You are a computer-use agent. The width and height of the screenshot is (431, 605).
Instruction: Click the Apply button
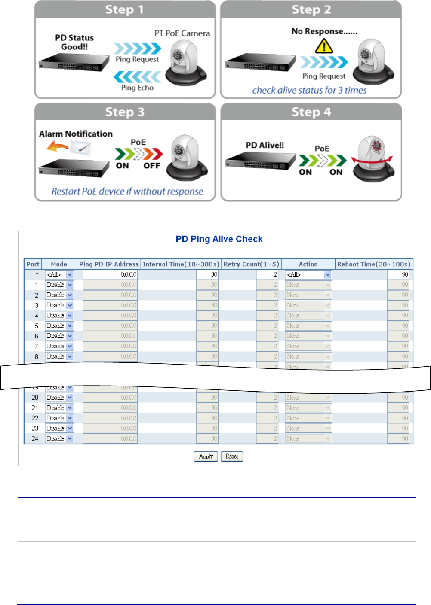pyautogui.click(x=206, y=456)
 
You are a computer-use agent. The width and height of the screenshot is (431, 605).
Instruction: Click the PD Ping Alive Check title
pyautogui.click(x=219, y=239)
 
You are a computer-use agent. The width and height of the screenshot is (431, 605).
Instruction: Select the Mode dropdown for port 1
pyautogui.click(x=59, y=285)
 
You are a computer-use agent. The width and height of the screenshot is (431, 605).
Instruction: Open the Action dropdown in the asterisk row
pyautogui.click(x=308, y=274)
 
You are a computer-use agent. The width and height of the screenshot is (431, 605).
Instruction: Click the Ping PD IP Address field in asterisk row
pyautogui.click(x=110, y=274)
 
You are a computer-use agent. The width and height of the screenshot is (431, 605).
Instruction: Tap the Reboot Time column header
pyautogui.click(x=373, y=264)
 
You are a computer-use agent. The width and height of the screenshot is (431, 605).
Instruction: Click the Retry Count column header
pyautogui.click(x=251, y=264)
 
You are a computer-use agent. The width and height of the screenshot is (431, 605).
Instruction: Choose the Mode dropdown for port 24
pyautogui.click(x=59, y=438)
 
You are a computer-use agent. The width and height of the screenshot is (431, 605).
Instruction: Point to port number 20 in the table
pyautogui.click(x=35, y=398)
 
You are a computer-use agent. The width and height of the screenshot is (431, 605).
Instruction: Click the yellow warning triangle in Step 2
pyautogui.click(x=324, y=46)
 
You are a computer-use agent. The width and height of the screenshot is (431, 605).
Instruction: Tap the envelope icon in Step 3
pyautogui.click(x=81, y=148)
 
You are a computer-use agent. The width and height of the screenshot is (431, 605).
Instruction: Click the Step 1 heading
pyautogui.click(x=125, y=9)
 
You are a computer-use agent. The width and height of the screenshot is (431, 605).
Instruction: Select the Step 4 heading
pyautogui.click(x=311, y=112)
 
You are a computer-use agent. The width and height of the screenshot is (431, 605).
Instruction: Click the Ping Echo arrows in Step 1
pyautogui.click(x=137, y=77)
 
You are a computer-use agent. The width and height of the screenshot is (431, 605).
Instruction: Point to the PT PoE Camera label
pyautogui.click(x=182, y=33)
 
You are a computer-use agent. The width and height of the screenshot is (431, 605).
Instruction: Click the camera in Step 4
pyautogui.click(x=373, y=159)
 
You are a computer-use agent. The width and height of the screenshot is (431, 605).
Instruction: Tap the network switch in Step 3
pyautogui.click(x=74, y=168)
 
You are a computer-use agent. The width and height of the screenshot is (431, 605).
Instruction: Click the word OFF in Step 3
pyautogui.click(x=152, y=166)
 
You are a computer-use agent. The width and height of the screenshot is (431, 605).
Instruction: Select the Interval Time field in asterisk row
pyautogui.click(x=207, y=274)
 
